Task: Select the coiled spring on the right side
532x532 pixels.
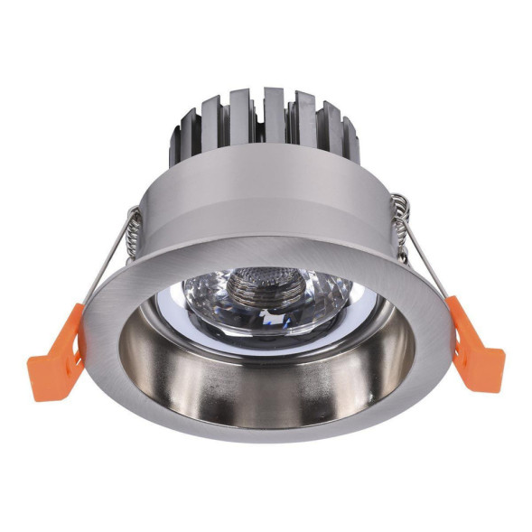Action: tap(399, 220)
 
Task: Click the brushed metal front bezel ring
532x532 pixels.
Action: tap(135, 298)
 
